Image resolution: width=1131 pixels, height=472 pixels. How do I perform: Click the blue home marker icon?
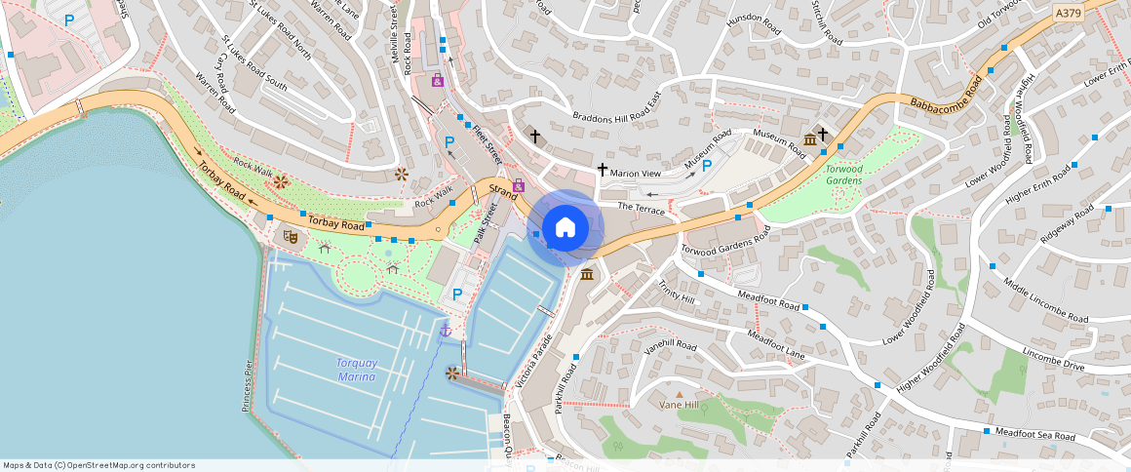pyautogui.click(x=565, y=227)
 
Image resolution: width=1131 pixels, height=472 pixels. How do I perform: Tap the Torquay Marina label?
pyautogui.click(x=357, y=369)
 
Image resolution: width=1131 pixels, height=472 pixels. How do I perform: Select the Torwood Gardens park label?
pyautogui.click(x=844, y=174)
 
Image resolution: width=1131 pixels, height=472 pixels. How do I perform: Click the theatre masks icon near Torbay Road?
pyautogui.click(x=290, y=236)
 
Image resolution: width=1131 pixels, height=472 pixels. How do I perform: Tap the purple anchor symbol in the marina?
pyautogui.click(x=446, y=332)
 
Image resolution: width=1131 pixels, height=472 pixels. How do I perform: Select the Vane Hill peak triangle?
pyautogui.click(x=680, y=393)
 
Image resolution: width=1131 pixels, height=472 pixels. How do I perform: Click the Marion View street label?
pyautogui.click(x=636, y=174)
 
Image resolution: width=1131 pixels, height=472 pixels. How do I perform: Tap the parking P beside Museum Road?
pyautogui.click(x=707, y=166)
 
